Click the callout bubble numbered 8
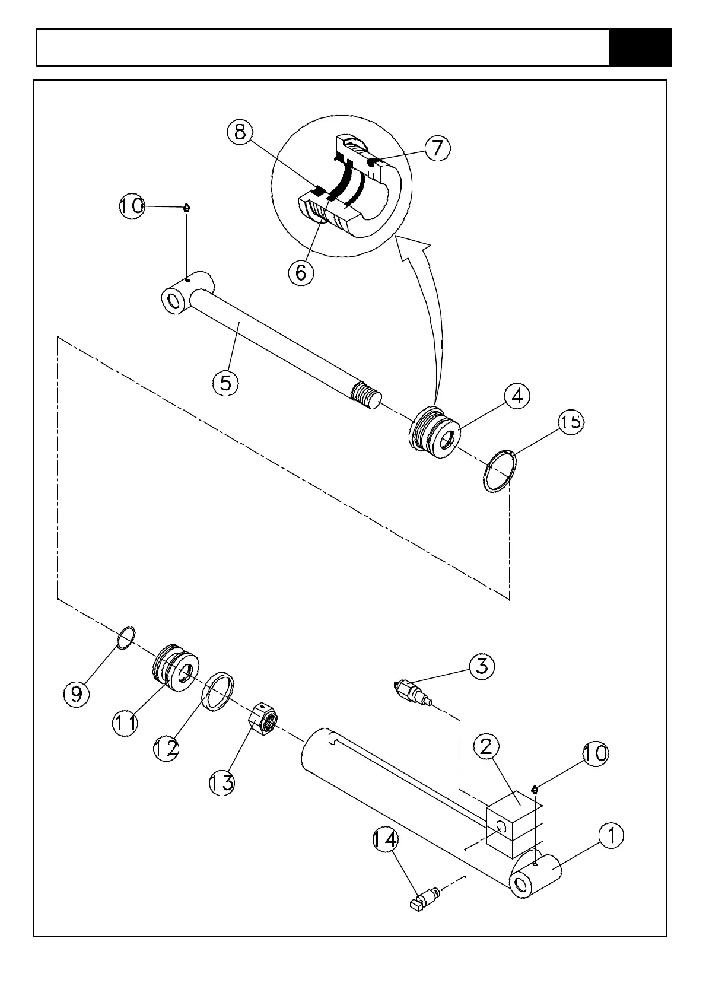click(240, 132)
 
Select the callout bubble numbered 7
click(437, 148)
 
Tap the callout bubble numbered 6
click(301, 273)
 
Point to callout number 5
click(225, 383)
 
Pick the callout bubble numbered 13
click(222, 782)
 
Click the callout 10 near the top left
click(132, 206)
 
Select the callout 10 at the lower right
click(595, 753)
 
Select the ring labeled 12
click(218, 691)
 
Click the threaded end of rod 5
click(365, 395)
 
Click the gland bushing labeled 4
click(435, 433)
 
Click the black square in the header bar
click(640, 47)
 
